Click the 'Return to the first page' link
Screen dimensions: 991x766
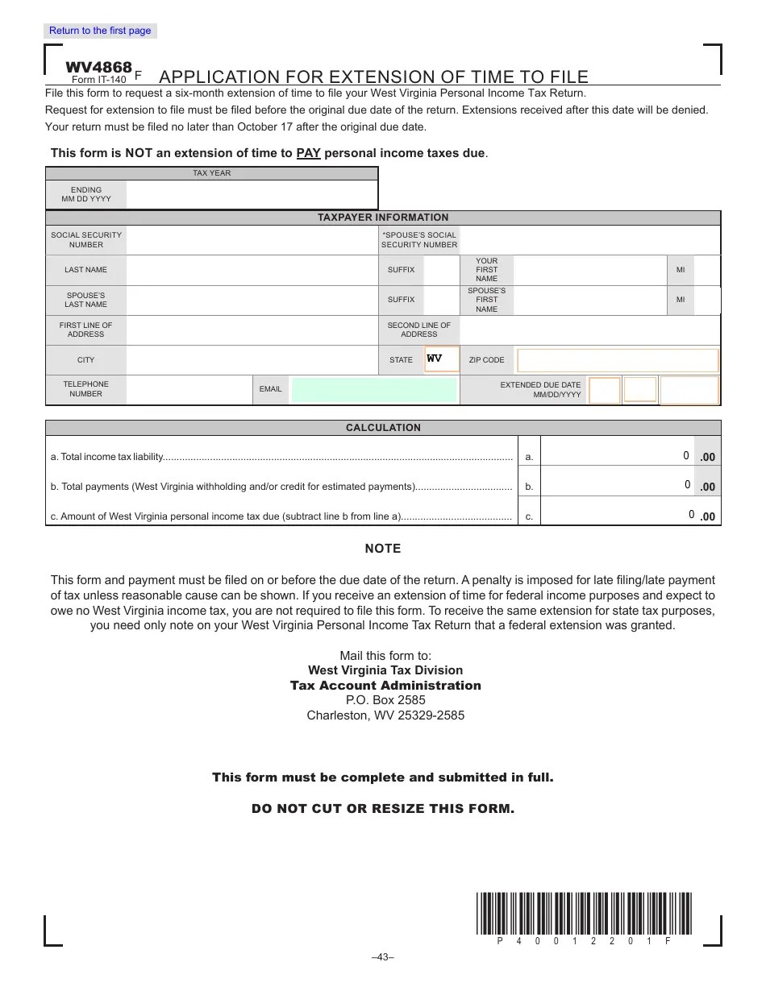point(100,31)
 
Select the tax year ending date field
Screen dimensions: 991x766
point(252,195)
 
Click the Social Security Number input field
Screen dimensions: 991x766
point(252,240)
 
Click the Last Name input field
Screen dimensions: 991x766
point(252,270)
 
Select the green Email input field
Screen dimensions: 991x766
point(373,390)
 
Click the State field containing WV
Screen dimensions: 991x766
point(441,359)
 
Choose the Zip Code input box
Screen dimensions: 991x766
point(617,360)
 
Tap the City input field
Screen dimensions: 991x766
point(252,360)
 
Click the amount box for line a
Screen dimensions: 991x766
point(617,456)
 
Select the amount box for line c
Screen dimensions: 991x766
point(617,515)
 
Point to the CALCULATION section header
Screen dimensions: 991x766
point(383,428)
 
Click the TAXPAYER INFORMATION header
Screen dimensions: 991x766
point(383,218)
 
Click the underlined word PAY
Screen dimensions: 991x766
point(309,153)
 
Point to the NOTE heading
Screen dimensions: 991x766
point(383,549)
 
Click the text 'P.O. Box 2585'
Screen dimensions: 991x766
point(385,700)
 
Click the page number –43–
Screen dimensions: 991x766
point(382,957)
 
